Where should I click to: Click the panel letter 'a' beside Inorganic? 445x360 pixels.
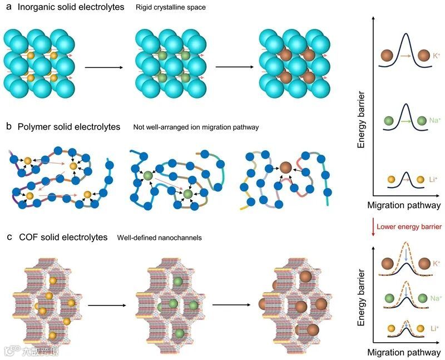[9, 7]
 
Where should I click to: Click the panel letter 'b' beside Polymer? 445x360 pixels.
[9, 127]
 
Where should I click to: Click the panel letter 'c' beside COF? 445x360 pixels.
[9, 238]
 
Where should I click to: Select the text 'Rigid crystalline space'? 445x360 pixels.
[172, 8]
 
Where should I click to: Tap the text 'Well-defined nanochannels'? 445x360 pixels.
[160, 238]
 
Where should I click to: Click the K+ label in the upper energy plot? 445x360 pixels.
[437, 56]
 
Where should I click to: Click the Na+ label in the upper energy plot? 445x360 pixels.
[436, 119]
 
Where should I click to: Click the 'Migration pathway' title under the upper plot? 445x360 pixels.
[404, 205]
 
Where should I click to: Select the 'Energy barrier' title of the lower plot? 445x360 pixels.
[362, 298]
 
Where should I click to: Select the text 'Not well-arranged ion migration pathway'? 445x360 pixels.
[196, 127]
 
